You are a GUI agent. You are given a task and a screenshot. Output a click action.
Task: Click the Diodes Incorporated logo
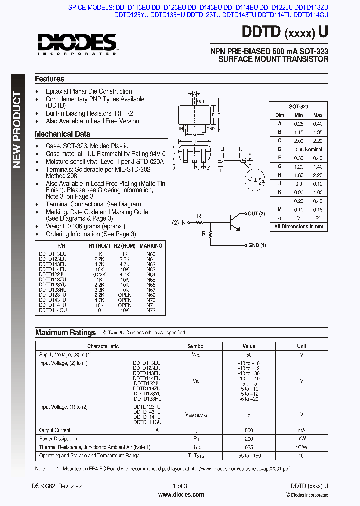coord(76,43)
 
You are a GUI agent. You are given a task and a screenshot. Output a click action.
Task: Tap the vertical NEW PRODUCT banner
coord(18,130)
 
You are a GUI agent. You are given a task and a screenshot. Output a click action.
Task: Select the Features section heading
coord(49,79)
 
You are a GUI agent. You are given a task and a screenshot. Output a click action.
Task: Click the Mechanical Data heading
coord(62,134)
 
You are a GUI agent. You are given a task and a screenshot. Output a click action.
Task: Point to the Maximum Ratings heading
coord(65,333)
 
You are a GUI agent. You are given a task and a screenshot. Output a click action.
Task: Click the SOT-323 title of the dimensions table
coord(298,107)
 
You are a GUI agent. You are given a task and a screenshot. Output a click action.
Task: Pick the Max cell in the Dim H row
coord(317,175)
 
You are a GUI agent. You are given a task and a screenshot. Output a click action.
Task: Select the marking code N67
coord(151,290)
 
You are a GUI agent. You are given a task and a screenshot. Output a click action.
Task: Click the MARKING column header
coord(151,246)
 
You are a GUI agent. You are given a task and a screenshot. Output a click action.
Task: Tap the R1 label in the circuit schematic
coord(200,217)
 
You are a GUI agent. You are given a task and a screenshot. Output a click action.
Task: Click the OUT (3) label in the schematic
coord(255,214)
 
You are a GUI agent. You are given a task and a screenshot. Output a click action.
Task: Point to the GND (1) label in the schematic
coord(257,245)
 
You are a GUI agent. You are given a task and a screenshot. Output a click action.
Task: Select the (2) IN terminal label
coord(179,222)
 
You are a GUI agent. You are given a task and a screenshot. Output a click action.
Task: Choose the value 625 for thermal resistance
coord(249,447)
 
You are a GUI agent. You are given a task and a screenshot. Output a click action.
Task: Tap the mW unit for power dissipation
coord(301,439)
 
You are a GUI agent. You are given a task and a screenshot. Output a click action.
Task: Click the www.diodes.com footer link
coord(180,495)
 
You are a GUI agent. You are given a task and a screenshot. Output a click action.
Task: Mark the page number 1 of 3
coord(180,486)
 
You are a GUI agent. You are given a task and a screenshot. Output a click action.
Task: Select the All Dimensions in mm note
coord(298,226)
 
